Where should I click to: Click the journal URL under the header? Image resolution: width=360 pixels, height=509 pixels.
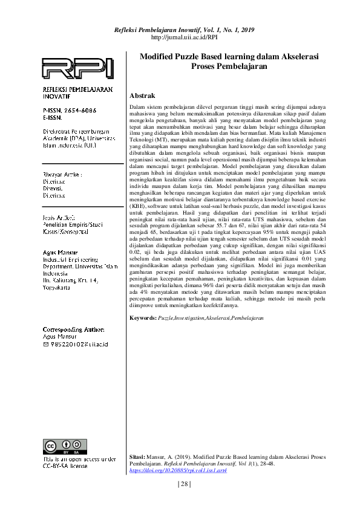183,37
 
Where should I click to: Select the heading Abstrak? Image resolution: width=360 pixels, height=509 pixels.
143,96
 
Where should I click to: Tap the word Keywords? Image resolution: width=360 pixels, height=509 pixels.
142,317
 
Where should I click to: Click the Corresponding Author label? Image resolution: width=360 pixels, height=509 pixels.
70,329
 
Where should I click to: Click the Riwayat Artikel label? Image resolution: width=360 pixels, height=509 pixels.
62,174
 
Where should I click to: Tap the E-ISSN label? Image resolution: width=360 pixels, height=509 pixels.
52,117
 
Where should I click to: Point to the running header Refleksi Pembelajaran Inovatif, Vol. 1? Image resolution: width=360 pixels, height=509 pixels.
183,29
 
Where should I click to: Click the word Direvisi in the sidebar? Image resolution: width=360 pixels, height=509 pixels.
53,187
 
